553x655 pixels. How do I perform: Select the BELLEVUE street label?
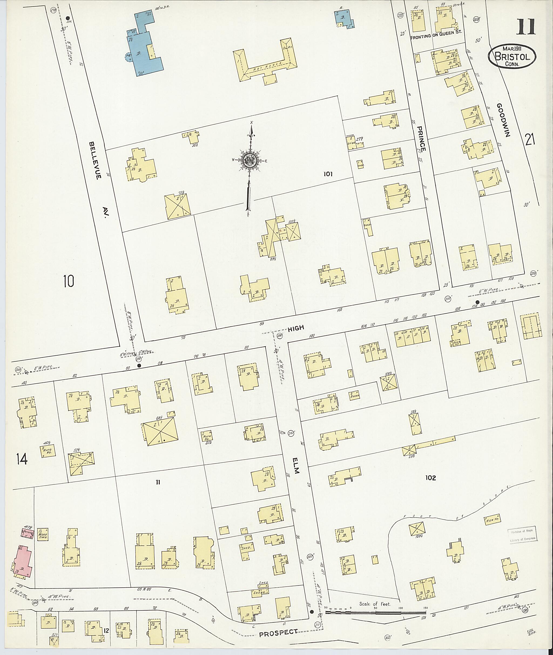pos(95,160)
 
